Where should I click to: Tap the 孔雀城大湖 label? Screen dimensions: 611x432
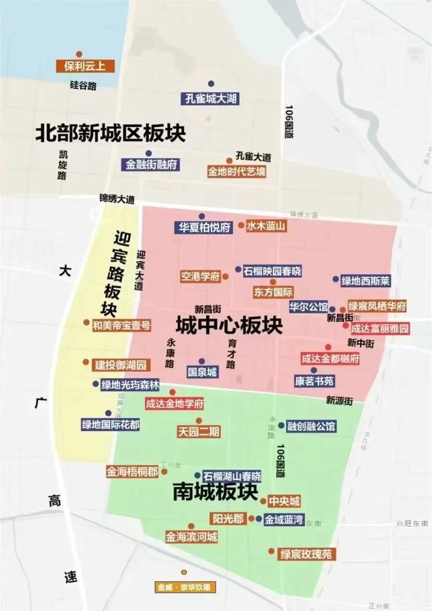[x=210, y=99]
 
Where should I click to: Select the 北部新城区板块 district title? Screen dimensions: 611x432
[x=110, y=133]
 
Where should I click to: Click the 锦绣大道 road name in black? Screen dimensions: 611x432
[x=117, y=199]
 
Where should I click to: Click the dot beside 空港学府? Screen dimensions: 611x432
[x=225, y=276]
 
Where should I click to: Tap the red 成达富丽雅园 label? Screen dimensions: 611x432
[x=380, y=328]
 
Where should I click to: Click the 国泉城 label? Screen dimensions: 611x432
[x=202, y=372]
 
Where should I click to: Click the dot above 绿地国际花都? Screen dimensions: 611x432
[x=108, y=413]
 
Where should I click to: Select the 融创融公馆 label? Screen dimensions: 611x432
[x=312, y=426]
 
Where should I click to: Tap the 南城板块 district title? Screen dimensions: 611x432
[x=215, y=491]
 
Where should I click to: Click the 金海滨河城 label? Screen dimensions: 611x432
[x=191, y=537]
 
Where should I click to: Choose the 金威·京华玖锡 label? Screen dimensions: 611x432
[x=185, y=587]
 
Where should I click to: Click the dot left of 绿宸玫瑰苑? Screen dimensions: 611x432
[x=272, y=551]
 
